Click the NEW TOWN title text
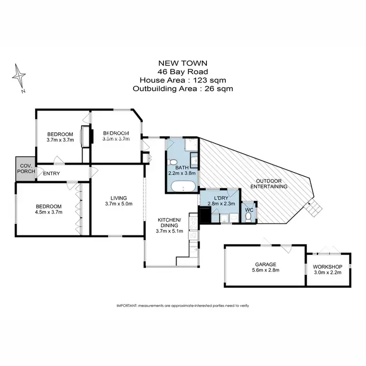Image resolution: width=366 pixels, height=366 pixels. coord(183,62)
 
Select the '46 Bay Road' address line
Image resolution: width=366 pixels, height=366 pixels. coord(183,71)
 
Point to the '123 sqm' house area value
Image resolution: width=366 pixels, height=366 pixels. coord(212,80)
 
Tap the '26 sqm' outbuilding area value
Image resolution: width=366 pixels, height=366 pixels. coord(219,89)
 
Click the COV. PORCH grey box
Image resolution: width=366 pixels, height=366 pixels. coord(25,169)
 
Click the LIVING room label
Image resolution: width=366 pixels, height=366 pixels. coord(119,197)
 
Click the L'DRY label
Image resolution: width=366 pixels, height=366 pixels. coord(219,198)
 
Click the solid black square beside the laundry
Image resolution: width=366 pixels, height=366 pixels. coord(203,214)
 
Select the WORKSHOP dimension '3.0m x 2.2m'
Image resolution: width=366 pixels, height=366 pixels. coord(328,272)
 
